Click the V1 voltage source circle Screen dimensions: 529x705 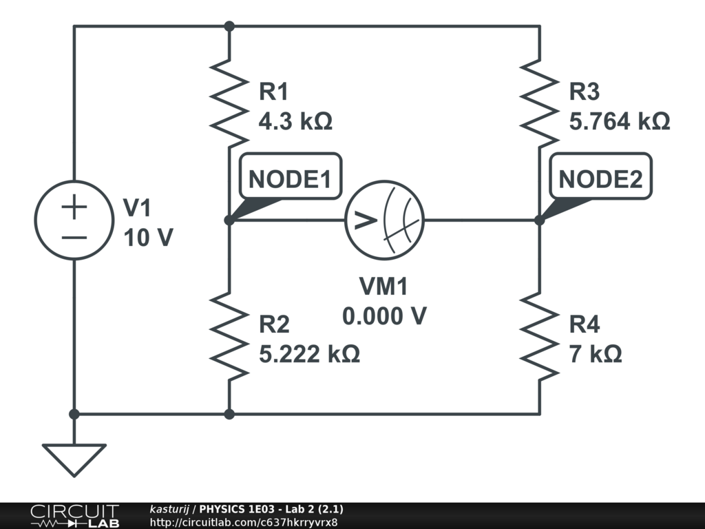point(74,220)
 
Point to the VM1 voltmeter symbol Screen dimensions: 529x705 point(384,220)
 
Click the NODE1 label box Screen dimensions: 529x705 point(290,179)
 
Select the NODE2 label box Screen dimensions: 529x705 point(600,179)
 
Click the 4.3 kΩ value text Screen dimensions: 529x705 point(295,122)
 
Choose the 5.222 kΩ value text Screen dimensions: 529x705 point(309,354)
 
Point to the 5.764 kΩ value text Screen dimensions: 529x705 point(620,122)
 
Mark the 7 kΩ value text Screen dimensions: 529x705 point(596,354)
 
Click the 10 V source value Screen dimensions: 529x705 point(149,238)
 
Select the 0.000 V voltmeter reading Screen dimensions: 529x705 point(384,316)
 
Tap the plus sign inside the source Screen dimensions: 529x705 point(74,207)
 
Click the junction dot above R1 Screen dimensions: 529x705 point(229,26)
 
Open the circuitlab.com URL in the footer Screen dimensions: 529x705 point(244,522)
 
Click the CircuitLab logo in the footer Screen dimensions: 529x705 point(74,516)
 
